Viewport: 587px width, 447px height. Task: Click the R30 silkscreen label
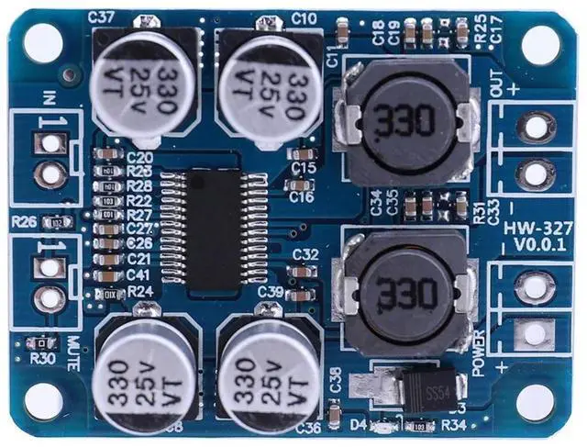click(x=41, y=359)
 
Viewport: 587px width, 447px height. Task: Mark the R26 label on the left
click(x=24, y=221)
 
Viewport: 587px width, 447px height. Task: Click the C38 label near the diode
click(x=334, y=379)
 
